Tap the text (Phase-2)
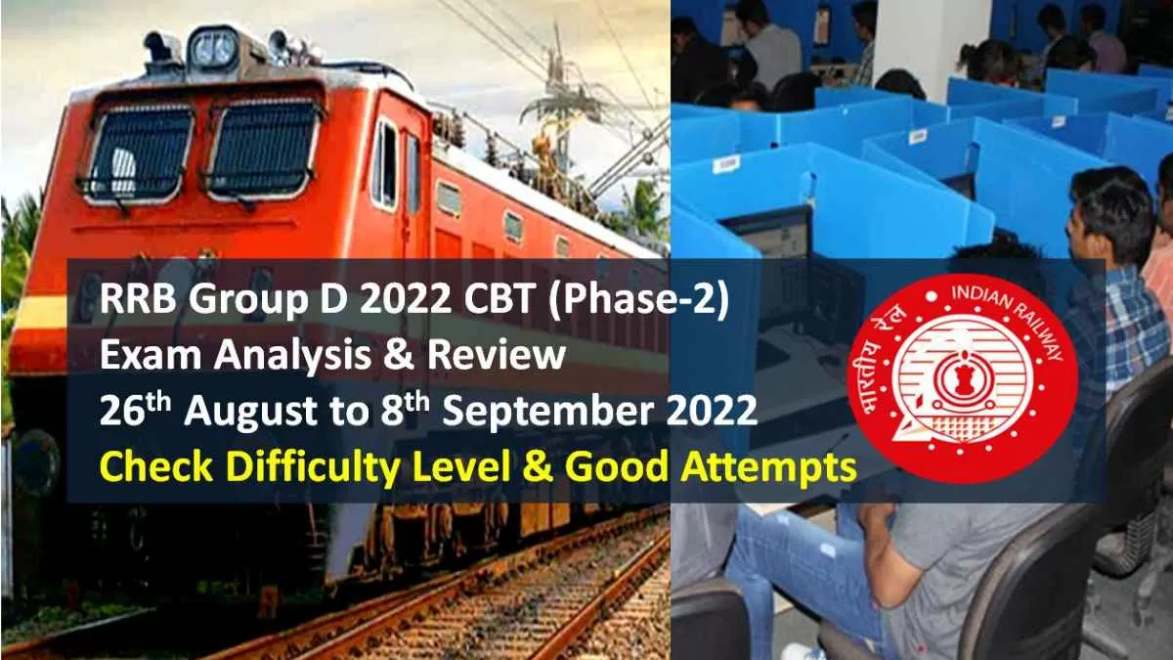point(637,301)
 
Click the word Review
point(496,354)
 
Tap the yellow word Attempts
point(768,468)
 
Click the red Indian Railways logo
point(962,378)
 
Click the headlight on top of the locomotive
point(214,48)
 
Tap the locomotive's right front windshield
point(264,148)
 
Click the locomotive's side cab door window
point(387,163)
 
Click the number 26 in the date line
point(121,413)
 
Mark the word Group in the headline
point(247,303)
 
